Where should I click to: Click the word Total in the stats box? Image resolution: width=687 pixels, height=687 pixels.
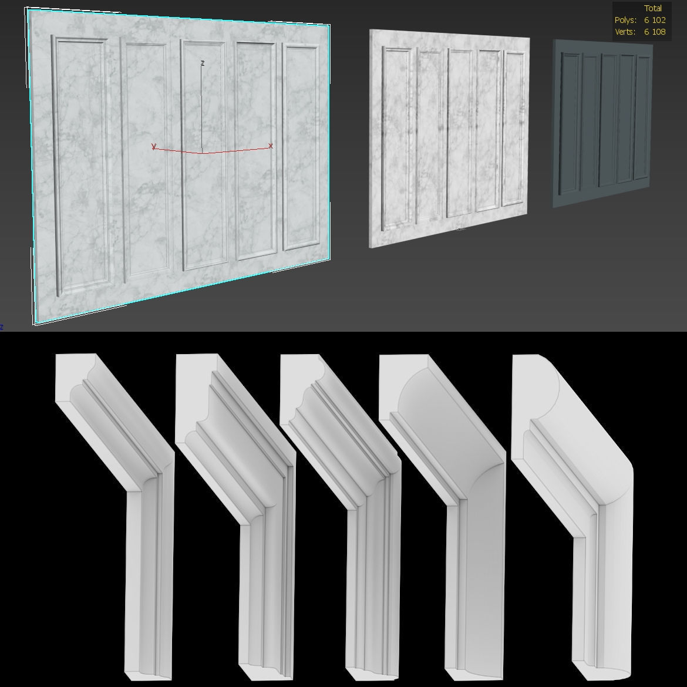coord(653,8)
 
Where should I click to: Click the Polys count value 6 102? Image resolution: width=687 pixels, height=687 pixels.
coord(655,20)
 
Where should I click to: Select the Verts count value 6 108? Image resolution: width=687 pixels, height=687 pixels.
coord(655,32)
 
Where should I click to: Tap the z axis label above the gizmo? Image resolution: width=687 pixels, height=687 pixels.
coord(203,63)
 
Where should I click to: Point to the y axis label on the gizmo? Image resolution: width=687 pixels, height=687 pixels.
coord(154,146)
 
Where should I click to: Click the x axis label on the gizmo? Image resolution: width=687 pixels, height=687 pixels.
coord(271,146)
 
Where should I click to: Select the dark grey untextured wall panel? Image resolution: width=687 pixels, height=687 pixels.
coord(602,123)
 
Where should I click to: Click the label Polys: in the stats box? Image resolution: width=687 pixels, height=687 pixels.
coord(625,20)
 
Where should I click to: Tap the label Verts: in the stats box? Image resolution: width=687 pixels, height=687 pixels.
coord(625,32)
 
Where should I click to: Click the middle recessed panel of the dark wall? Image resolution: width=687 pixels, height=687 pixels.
coord(609,120)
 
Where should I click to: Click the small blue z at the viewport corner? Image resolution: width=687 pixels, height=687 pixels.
coord(2,327)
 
